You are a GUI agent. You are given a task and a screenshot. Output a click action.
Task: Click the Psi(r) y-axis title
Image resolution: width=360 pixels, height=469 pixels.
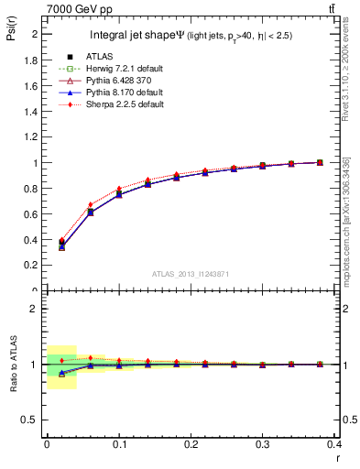point(12,32)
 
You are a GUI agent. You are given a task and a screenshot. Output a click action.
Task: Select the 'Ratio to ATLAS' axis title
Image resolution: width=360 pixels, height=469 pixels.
point(12,365)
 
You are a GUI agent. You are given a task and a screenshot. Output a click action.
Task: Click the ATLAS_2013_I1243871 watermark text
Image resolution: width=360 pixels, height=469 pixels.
point(191,274)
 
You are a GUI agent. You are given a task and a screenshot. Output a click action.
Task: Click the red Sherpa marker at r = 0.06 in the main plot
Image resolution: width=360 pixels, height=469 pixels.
point(90,205)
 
